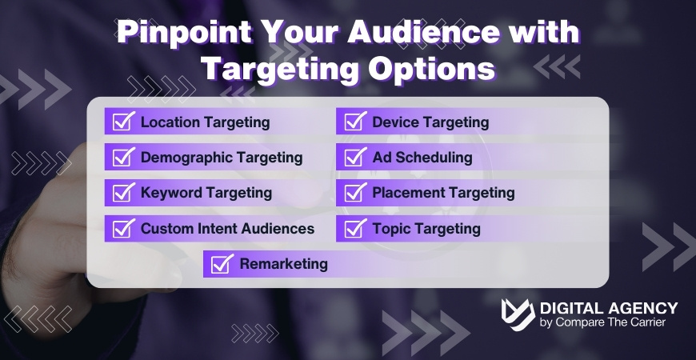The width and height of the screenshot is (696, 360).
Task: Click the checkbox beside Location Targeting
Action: [x=122, y=122]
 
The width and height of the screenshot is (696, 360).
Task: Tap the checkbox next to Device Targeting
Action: [x=354, y=122]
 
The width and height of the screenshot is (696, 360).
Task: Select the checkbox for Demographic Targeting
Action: [x=122, y=158]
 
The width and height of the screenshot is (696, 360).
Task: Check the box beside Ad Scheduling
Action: [x=354, y=158]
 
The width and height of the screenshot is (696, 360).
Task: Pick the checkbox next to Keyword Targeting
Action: [x=122, y=193]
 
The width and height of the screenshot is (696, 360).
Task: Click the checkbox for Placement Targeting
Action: [x=354, y=193]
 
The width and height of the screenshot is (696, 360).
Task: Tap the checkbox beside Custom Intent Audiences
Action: [x=122, y=229]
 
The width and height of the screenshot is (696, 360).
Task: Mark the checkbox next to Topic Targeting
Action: [x=354, y=229]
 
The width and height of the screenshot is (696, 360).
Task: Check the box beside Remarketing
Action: [x=222, y=264]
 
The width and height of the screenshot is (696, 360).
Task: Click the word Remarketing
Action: [x=284, y=264]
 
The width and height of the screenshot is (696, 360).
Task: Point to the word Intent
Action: [x=210, y=229]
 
